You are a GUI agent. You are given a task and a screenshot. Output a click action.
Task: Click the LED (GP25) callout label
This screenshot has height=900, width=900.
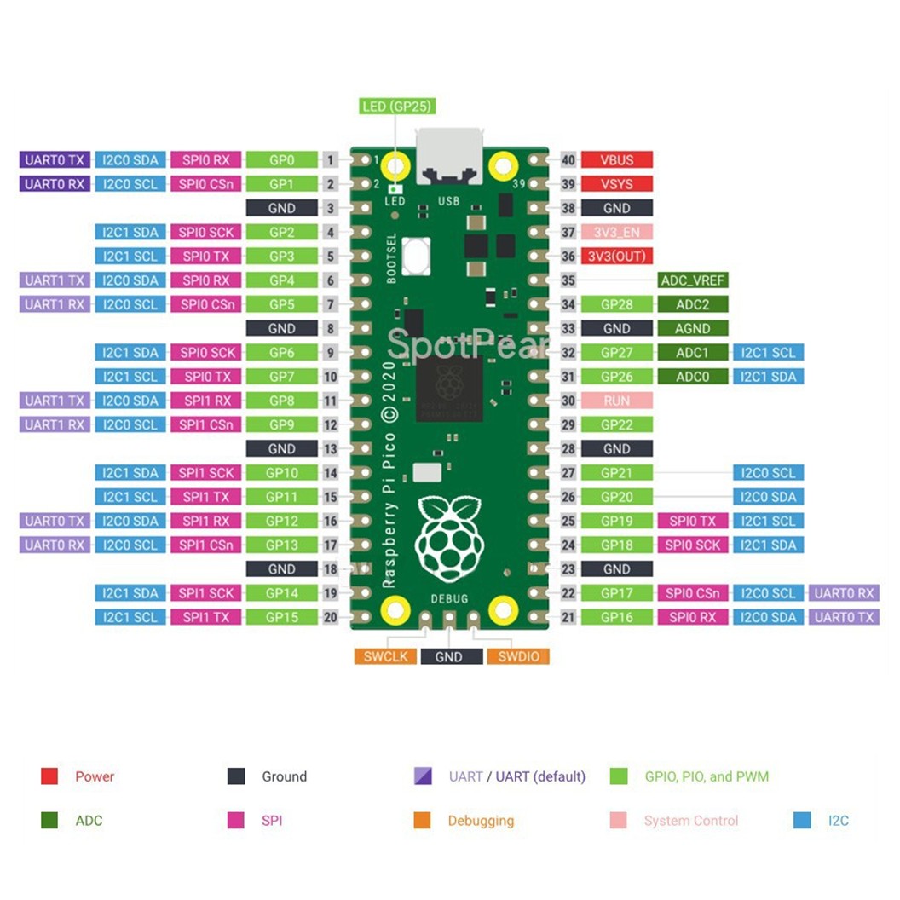click(x=398, y=107)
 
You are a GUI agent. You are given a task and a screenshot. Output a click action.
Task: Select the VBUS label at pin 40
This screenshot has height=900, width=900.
click(x=617, y=159)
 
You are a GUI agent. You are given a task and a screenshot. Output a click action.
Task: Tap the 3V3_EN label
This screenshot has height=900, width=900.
click(x=617, y=232)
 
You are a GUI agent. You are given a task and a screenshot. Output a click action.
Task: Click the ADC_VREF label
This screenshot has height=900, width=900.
click(x=693, y=280)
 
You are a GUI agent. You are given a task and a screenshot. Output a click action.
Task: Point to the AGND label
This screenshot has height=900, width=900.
click(x=693, y=328)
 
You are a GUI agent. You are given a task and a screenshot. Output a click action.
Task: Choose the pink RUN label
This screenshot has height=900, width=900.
click(x=617, y=401)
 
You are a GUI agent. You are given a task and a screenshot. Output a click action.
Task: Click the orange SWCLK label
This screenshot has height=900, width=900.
click(x=385, y=656)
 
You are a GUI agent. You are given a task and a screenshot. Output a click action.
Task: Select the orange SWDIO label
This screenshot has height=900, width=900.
click(x=517, y=656)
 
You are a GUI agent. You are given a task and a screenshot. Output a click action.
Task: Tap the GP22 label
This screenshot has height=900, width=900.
click(x=617, y=424)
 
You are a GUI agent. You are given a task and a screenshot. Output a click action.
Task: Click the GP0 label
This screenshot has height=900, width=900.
click(x=281, y=159)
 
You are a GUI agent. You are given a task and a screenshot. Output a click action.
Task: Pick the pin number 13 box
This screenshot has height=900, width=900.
click(x=332, y=448)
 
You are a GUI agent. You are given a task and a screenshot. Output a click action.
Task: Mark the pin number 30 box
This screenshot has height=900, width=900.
click(x=568, y=401)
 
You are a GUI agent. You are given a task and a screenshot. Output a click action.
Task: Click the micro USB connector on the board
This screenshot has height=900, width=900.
click(x=449, y=155)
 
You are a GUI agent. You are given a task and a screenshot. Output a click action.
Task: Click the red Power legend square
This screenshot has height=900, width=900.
click(x=49, y=776)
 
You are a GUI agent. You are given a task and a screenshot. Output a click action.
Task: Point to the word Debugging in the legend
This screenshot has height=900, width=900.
click(x=481, y=821)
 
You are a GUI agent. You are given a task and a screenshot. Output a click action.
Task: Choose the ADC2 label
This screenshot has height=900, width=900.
click(x=693, y=304)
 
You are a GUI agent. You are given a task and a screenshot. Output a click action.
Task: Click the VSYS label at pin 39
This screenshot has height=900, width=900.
click(x=617, y=184)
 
